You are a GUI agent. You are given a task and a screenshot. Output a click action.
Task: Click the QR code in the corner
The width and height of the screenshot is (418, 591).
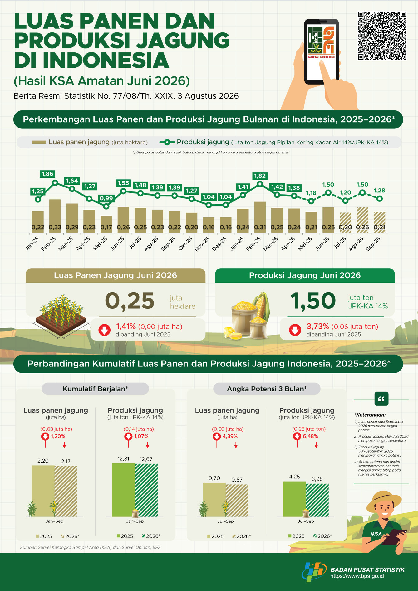[x=382, y=36]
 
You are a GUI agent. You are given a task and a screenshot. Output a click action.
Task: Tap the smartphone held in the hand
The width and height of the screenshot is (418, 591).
[x=322, y=52]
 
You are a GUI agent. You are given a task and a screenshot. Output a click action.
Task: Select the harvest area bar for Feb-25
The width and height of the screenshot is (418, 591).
[x=55, y=216]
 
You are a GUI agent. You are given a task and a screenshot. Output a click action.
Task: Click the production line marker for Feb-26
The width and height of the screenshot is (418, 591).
[x=260, y=184]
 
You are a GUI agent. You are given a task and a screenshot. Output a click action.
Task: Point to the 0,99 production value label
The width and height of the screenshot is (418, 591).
[x=106, y=198]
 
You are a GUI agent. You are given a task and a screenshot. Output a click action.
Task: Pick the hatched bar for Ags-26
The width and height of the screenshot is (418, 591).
[x=362, y=220]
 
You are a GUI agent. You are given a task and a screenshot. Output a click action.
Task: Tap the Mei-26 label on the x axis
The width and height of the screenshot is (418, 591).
[x=305, y=244]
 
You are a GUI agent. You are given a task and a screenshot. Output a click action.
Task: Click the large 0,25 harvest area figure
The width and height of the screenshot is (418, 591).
[x=130, y=301]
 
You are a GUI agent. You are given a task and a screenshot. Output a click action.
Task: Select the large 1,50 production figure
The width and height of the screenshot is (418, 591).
[x=313, y=301]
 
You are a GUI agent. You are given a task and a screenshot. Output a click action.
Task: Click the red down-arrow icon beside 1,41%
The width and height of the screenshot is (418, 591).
[x=105, y=330]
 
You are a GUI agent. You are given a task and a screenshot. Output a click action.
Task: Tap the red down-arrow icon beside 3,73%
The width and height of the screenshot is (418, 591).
[x=295, y=330]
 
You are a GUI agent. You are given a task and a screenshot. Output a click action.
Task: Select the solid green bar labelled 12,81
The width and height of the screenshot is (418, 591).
[x=123, y=490]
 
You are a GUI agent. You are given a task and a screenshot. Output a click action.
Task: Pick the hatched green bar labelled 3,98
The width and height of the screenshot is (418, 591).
[x=317, y=500]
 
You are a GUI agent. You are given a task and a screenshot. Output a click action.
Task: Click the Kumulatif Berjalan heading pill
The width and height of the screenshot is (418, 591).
[x=95, y=389]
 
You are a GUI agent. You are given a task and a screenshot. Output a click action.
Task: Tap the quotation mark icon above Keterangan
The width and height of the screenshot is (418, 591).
[x=381, y=399]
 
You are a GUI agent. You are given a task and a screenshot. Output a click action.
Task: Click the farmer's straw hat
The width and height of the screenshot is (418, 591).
[x=384, y=501]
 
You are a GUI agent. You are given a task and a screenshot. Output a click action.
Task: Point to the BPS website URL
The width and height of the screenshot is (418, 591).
[x=357, y=576]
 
